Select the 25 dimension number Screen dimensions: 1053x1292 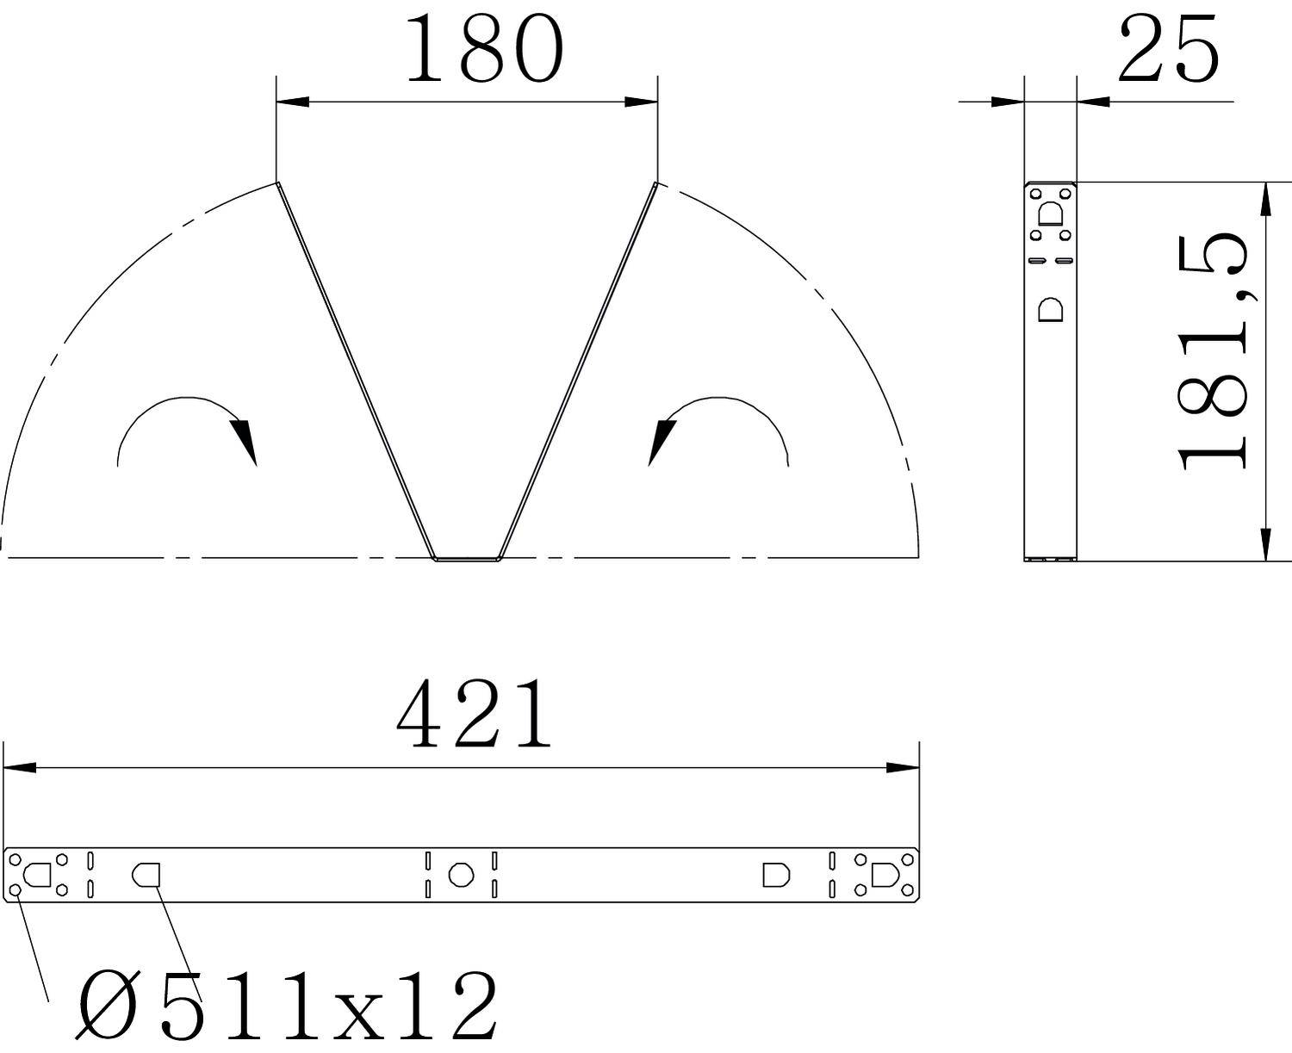(1168, 50)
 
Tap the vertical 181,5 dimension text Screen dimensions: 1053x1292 (1214, 353)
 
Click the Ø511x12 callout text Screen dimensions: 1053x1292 (289, 1007)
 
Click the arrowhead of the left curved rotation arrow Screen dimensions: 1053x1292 (247, 441)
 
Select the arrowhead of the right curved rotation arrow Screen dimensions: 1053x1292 (659, 441)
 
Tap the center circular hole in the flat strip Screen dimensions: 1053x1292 (461, 875)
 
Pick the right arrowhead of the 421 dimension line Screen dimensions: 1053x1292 (904, 767)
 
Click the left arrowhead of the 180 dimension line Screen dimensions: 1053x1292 (292, 102)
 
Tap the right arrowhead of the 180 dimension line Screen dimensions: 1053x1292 (642, 102)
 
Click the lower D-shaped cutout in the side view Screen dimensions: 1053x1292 (1052, 309)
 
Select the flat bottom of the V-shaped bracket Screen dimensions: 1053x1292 (466, 559)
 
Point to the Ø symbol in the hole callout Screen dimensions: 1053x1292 (108, 1007)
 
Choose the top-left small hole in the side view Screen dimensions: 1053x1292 (1037, 195)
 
